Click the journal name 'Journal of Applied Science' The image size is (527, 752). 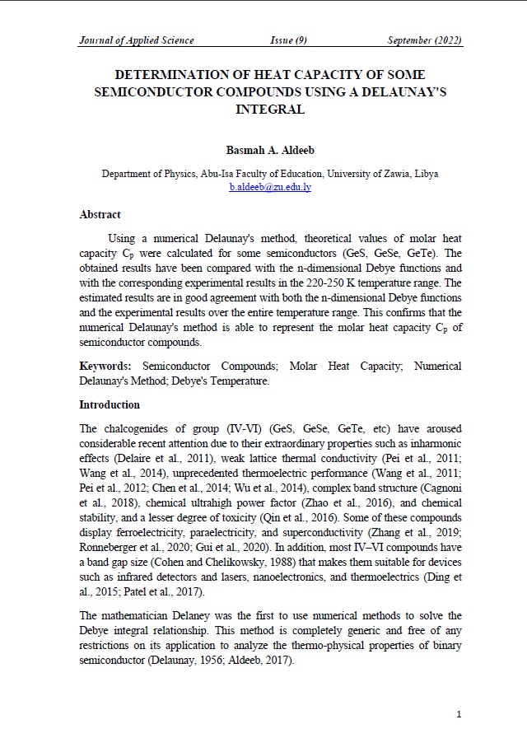136,40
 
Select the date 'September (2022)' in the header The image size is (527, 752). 424,40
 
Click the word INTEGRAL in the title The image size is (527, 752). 270,109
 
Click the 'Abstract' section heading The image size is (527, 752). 100,215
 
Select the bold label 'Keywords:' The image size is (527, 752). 107,365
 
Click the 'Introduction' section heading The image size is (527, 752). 110,405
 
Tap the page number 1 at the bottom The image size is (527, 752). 459,714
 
